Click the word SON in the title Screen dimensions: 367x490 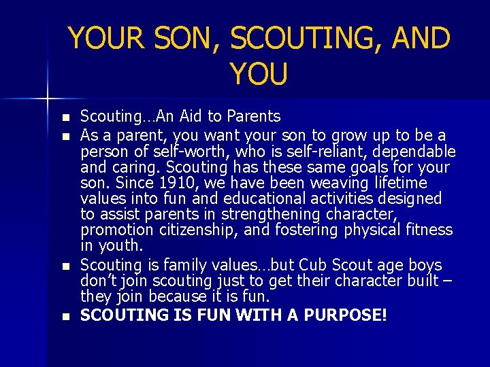182,38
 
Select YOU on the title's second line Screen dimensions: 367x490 259,74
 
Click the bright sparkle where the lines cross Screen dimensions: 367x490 48,99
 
